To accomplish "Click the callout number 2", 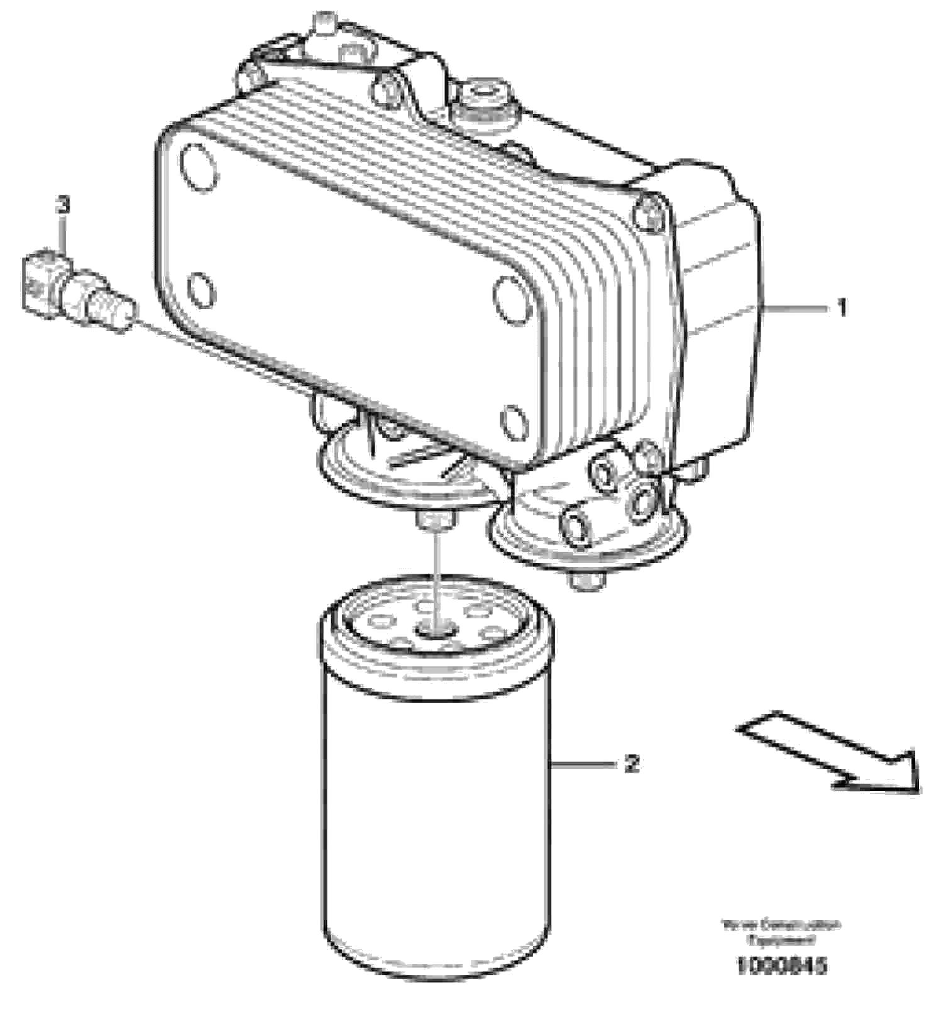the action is point(632,764).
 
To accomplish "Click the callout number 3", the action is point(63,205).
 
